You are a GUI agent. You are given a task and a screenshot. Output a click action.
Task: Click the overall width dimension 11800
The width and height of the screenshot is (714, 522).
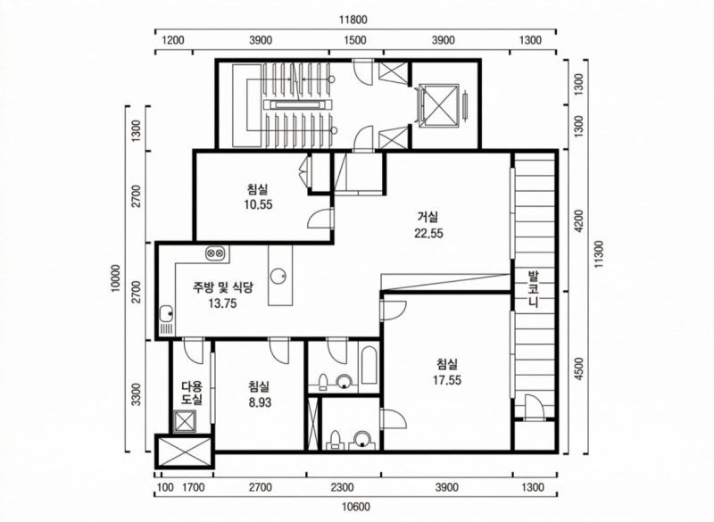[x=353, y=20]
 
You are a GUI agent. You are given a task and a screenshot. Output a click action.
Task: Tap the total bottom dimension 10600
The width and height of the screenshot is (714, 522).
[x=355, y=506]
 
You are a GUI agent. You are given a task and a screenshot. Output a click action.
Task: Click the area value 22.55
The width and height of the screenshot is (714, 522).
[x=428, y=233]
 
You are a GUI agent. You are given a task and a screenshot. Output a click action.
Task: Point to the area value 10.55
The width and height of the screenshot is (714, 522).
[x=258, y=204]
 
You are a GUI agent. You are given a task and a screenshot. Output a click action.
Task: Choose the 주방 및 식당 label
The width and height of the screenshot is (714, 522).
[x=223, y=286]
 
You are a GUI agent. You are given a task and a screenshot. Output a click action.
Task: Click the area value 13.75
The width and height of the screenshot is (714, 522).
[x=222, y=303]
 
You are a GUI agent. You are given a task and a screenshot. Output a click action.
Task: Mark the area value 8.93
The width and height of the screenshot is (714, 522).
[x=260, y=402]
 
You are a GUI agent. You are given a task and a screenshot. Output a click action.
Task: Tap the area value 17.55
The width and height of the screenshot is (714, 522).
[x=447, y=380]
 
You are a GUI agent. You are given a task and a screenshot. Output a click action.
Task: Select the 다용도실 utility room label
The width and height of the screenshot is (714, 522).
[x=192, y=394]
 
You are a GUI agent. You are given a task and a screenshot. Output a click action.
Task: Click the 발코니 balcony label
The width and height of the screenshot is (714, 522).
[x=533, y=289]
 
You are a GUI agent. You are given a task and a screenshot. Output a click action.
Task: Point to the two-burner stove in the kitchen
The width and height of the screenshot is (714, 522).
[x=214, y=253]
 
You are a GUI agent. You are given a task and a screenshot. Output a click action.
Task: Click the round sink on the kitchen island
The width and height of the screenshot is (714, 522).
[x=278, y=276]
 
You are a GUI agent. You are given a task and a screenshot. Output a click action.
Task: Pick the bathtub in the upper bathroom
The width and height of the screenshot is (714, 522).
[x=369, y=367]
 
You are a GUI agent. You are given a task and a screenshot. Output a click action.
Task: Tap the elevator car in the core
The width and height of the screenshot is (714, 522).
[x=438, y=104]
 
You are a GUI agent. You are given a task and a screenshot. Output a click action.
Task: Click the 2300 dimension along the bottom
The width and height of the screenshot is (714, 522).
[x=342, y=487]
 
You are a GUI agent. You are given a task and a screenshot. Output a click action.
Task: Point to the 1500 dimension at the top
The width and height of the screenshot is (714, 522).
[x=354, y=40]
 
